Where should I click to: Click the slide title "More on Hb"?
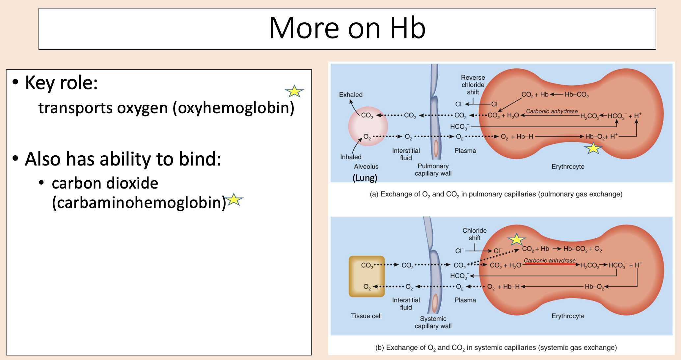click(x=347, y=28)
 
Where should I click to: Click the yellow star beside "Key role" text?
click(x=294, y=91)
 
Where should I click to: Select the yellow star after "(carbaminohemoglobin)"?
click(x=234, y=199)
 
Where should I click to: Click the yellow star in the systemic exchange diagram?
click(x=516, y=239)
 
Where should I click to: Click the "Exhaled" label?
click(x=351, y=95)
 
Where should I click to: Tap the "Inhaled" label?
click(x=351, y=157)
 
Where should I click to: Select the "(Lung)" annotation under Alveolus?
click(x=365, y=178)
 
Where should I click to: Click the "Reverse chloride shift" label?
click(x=473, y=85)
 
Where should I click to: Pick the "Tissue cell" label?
click(x=366, y=316)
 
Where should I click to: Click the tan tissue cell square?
click(x=367, y=276)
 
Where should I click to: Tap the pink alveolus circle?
click(x=368, y=126)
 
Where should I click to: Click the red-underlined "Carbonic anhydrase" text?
click(x=550, y=261)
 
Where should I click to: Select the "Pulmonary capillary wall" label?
click(x=433, y=170)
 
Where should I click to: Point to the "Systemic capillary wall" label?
click(x=433, y=322)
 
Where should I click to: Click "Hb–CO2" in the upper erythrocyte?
click(x=577, y=95)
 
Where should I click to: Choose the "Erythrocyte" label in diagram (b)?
click(x=568, y=316)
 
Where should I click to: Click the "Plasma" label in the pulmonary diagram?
click(x=465, y=151)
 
